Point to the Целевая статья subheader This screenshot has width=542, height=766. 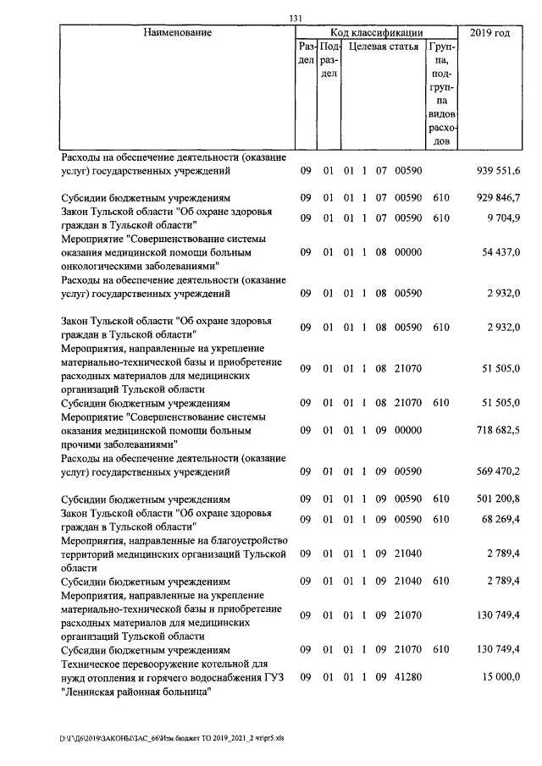(384, 47)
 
